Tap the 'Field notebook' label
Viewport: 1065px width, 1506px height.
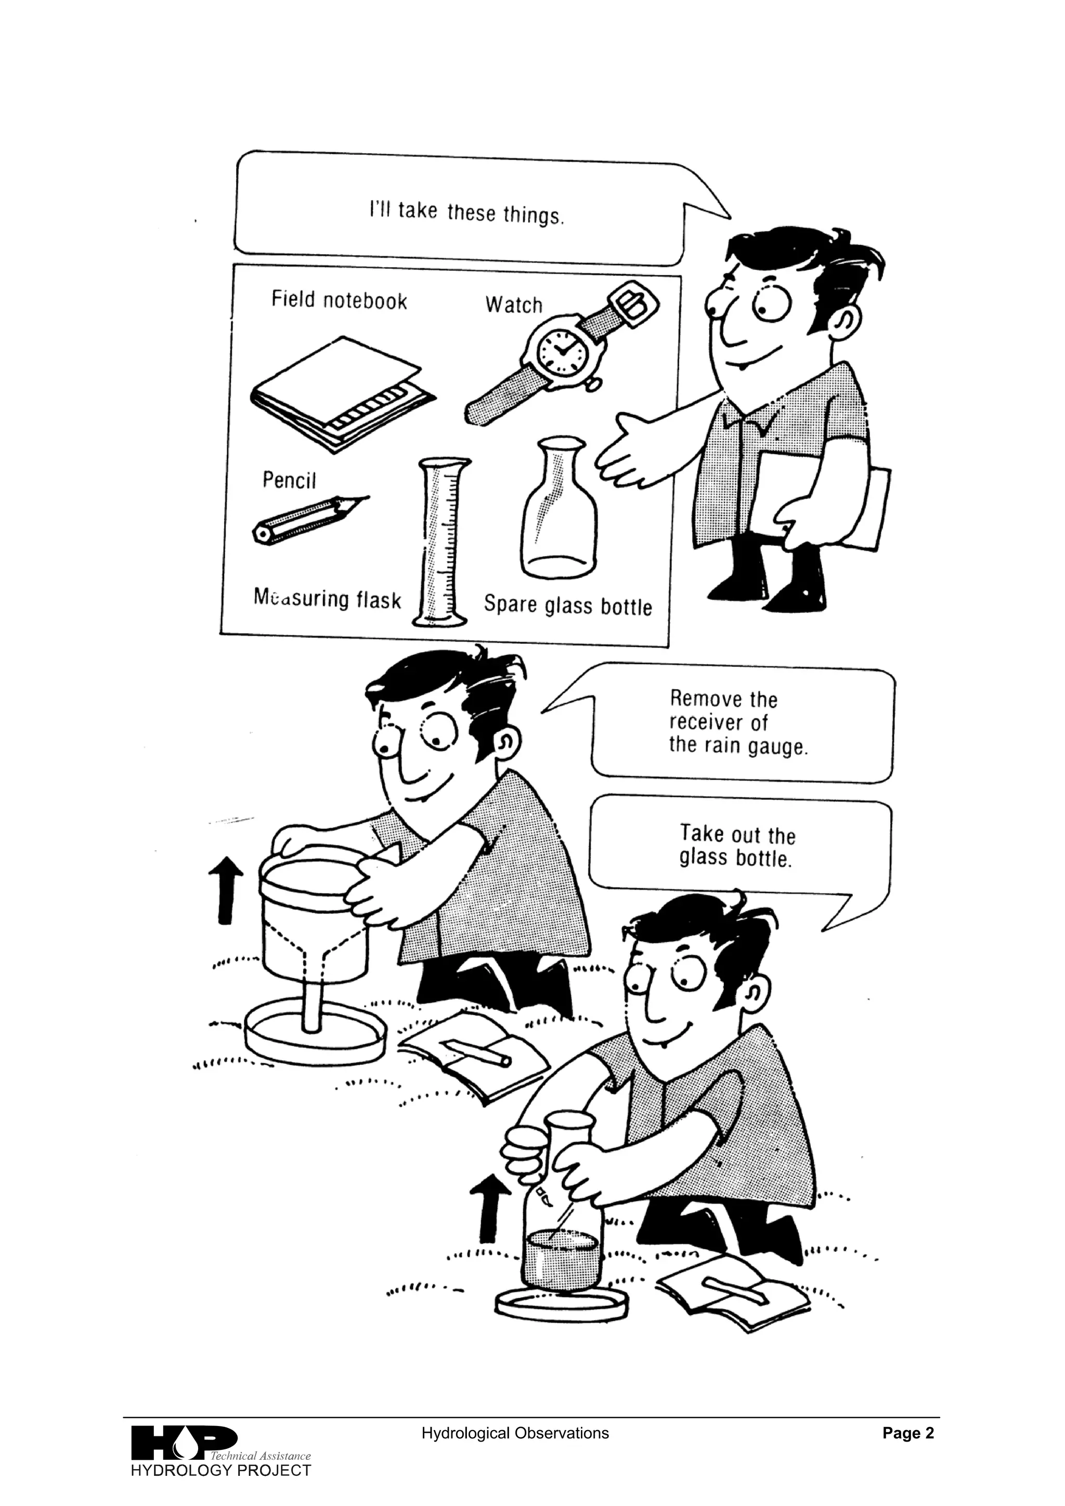[339, 301]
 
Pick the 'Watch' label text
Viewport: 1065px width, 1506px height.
[514, 305]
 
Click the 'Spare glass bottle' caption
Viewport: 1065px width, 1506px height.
[568, 605]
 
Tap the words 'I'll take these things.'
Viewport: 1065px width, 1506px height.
[466, 213]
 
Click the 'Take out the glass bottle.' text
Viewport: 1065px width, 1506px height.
[737, 847]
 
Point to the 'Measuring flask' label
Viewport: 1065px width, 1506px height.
[327, 598]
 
